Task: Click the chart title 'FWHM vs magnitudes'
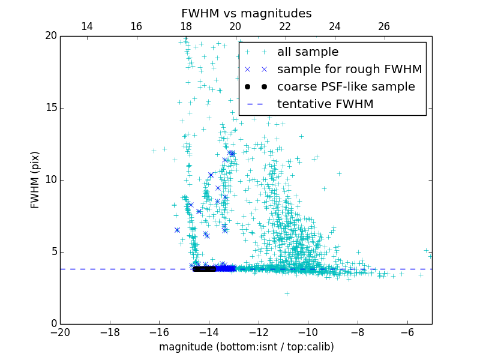coord(246,13)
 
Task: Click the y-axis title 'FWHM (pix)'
coord(35,179)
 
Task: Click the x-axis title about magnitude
coord(246,347)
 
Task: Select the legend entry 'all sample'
coord(307,52)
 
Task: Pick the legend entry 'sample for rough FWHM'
coord(349,70)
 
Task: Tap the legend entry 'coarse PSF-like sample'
coord(346,87)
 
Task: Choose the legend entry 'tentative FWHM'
coord(325,104)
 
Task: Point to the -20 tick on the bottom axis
coord(60,332)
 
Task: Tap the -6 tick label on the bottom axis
coord(407,332)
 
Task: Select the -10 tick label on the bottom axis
coord(308,332)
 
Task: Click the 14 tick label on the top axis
coord(86,26)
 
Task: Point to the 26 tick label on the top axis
coord(384,26)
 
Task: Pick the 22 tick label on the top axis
coord(285,26)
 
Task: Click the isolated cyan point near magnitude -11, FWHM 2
coord(287,293)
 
